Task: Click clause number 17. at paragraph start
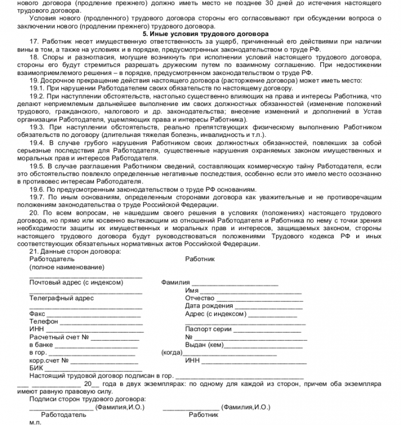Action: pyautogui.click(x=34, y=42)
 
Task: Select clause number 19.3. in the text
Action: pyautogui.click(x=37, y=127)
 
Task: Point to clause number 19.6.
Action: pyautogui.click(x=37, y=189)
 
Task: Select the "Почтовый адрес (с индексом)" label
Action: pyautogui.click(x=76, y=282)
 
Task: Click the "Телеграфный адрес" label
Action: pyautogui.click(x=61, y=298)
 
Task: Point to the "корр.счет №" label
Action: pyautogui.click(x=49, y=361)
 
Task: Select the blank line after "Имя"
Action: pyautogui.click(x=251, y=290)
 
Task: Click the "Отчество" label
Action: pyautogui.click(x=199, y=298)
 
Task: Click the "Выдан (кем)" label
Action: pyautogui.click(x=204, y=345)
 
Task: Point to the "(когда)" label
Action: pyautogui.click(x=172, y=353)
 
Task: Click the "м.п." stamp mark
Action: pyautogui.click(x=36, y=421)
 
